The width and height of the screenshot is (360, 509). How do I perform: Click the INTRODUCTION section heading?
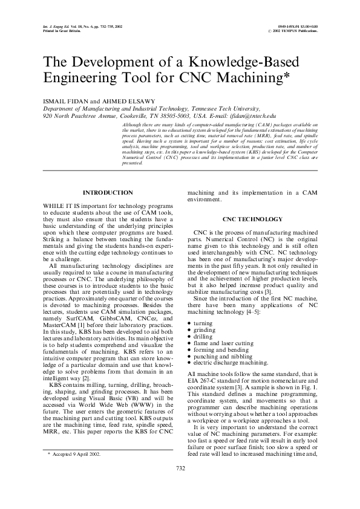(107, 193)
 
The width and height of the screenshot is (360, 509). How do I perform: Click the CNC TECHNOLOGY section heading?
(252, 219)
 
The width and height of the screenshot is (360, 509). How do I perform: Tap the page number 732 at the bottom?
(180, 485)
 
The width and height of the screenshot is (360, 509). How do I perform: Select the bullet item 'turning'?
(208, 324)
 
